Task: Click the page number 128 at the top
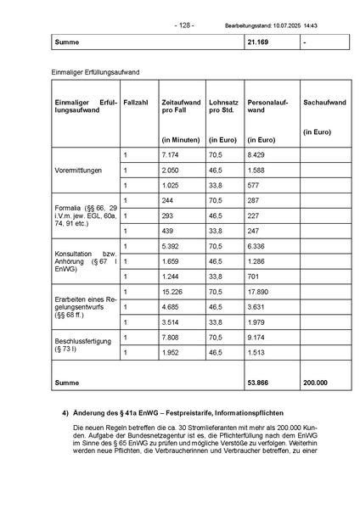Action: point(184,25)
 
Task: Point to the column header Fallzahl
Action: point(136,103)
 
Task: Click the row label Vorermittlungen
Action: point(78,170)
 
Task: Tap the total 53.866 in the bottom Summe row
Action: point(259,383)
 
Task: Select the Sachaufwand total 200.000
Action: point(315,383)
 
